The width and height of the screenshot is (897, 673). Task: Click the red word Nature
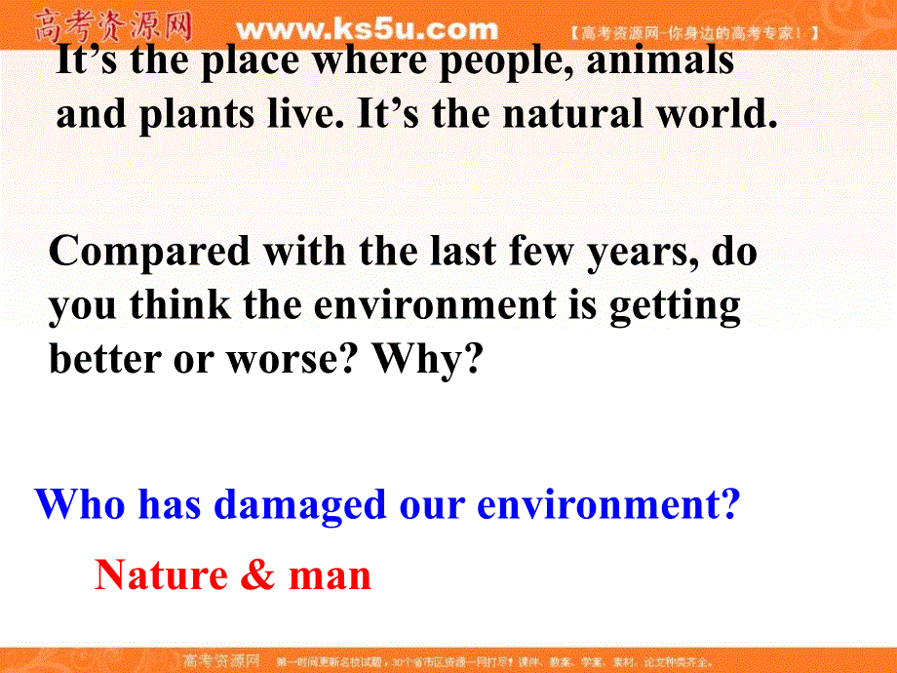[x=160, y=575]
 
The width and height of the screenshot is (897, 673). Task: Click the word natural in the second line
[x=565, y=115]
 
